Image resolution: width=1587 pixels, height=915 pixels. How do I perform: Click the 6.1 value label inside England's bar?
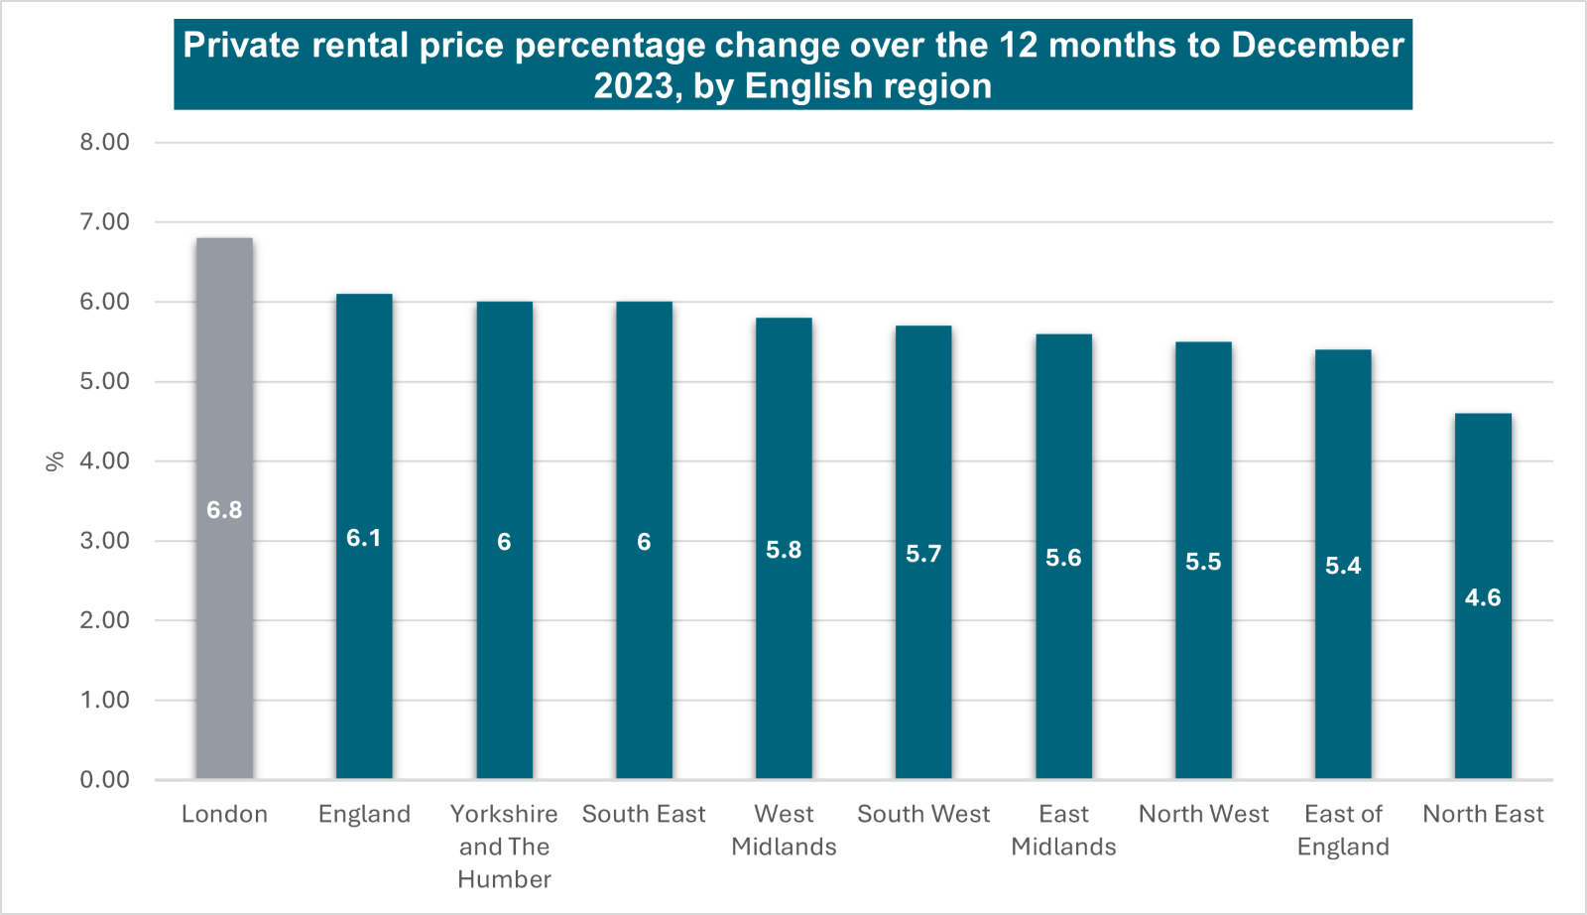click(364, 538)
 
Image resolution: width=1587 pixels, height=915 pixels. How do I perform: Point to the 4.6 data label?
click(1483, 597)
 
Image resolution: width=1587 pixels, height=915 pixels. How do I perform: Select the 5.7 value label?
click(923, 554)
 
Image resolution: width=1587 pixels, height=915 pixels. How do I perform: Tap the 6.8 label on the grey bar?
click(224, 510)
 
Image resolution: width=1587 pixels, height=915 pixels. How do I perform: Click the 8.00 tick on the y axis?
click(104, 142)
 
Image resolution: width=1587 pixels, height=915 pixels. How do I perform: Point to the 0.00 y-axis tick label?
click(104, 780)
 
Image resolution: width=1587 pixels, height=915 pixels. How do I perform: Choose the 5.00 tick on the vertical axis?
click(104, 381)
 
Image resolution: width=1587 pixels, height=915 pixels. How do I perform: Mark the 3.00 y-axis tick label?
click(104, 541)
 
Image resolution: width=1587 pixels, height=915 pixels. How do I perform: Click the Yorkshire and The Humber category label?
click(504, 847)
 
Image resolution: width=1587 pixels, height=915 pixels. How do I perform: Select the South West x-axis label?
click(923, 815)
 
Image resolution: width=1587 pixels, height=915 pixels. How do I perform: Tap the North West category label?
click(1203, 815)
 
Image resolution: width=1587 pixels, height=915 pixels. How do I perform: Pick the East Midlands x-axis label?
click(1063, 831)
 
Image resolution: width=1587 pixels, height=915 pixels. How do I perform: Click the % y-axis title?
click(56, 460)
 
